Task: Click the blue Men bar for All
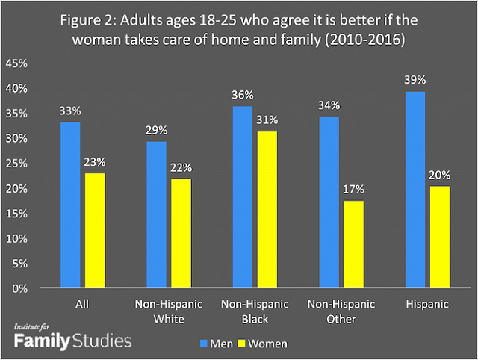[x=70, y=205]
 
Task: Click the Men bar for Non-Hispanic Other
[x=329, y=202]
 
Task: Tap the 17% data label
[x=353, y=190]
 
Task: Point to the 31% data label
[x=267, y=120]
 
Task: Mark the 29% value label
[x=156, y=130]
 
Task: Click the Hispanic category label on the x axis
[x=426, y=305]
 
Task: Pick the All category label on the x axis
[x=83, y=305]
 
